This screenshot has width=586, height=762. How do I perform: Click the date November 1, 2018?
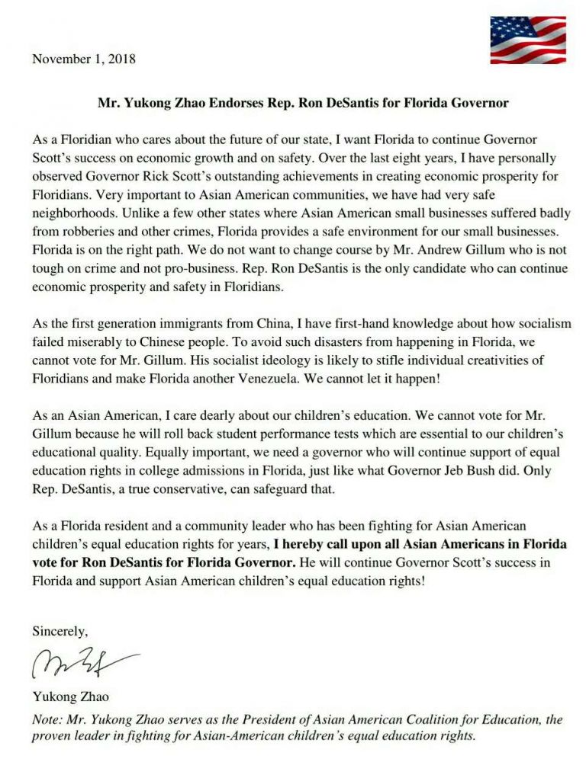(x=84, y=58)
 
